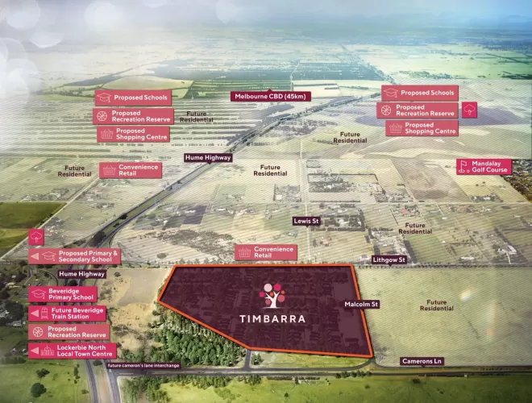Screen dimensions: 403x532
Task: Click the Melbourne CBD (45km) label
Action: (271, 96)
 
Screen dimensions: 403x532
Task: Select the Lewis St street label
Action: (305, 219)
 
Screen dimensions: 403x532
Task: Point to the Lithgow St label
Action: (389, 260)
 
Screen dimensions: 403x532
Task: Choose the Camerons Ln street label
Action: (422, 361)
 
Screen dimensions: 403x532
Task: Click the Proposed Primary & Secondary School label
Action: (88, 256)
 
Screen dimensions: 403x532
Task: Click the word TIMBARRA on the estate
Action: (272, 318)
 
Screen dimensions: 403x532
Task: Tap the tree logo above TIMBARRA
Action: (272, 295)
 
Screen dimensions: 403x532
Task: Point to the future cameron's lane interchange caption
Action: (144, 365)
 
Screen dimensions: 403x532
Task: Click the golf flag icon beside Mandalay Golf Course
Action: (463, 167)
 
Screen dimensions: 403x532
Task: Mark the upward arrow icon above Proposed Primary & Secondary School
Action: (36, 237)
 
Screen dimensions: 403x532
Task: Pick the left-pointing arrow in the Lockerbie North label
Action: (35, 350)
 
